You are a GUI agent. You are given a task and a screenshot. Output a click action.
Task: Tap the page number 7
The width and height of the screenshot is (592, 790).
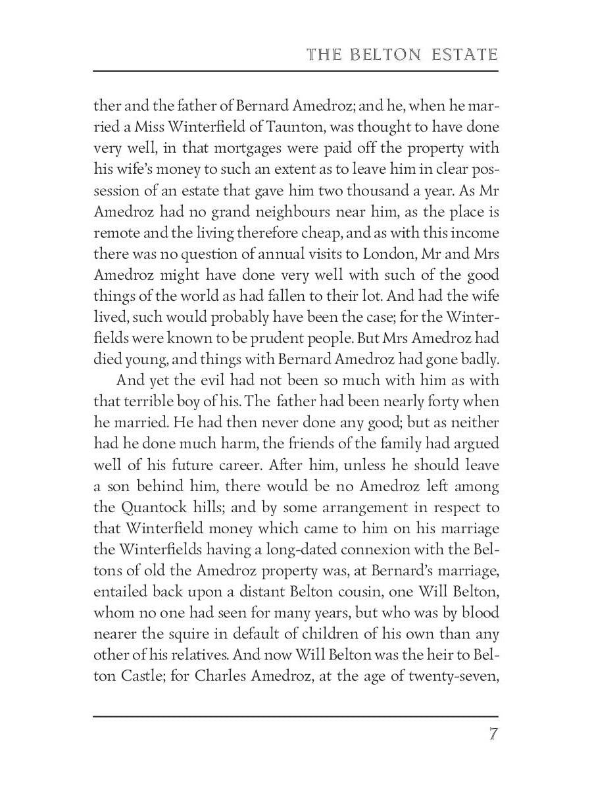(493, 734)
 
